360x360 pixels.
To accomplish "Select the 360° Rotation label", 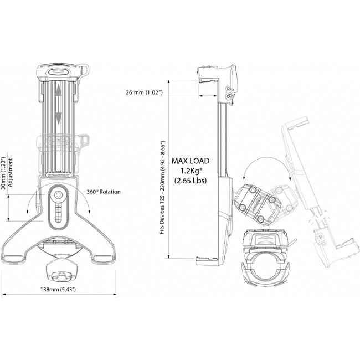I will [x=104, y=192].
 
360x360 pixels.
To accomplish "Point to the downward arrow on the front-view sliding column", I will [x=58, y=118].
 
